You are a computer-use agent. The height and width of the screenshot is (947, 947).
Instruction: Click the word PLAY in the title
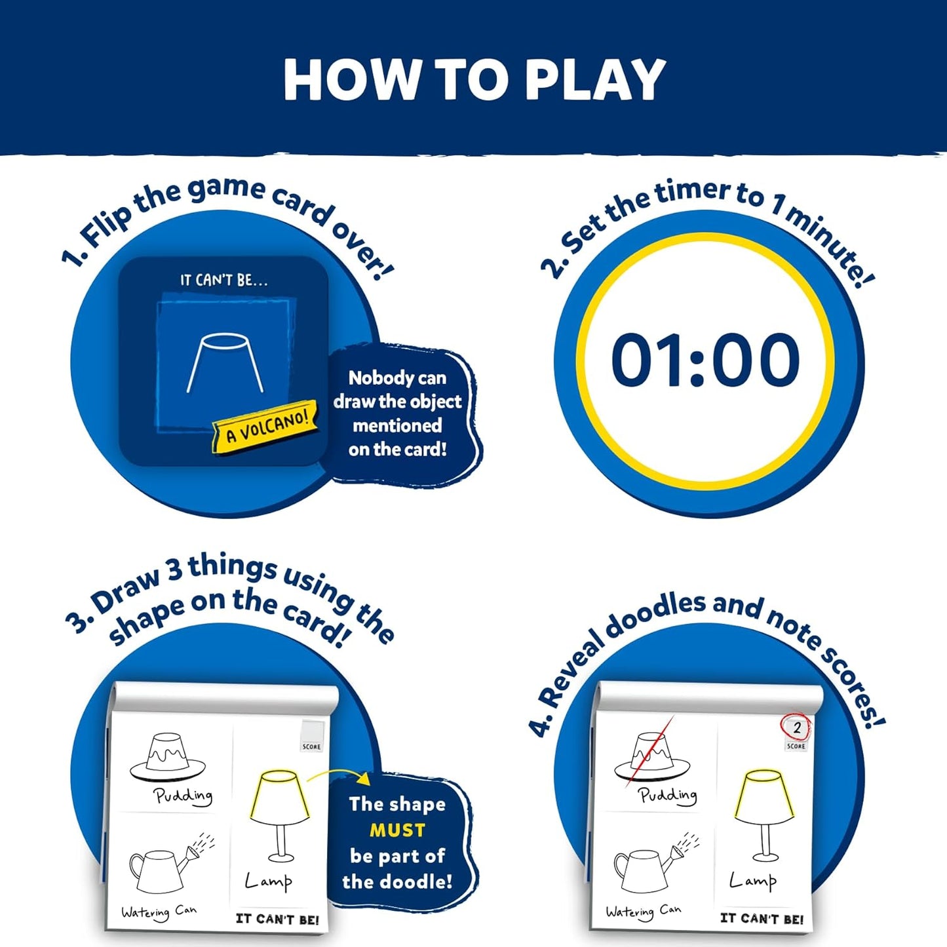point(595,80)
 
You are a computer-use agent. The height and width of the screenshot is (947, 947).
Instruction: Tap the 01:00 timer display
point(705,360)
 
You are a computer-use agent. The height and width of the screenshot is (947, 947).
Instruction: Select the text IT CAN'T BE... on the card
point(223,280)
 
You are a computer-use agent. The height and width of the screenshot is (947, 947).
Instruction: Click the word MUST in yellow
point(397,830)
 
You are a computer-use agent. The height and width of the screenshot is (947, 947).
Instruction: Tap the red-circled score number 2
point(796,727)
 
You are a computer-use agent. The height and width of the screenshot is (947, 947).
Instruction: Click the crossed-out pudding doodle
point(651,758)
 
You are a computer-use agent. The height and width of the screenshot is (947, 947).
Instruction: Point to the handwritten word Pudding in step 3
point(183,796)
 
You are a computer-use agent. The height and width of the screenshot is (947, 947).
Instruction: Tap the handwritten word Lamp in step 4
point(753,881)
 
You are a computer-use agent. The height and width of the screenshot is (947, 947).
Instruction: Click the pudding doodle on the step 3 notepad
point(167,758)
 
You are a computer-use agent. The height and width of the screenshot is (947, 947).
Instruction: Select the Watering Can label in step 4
point(643,911)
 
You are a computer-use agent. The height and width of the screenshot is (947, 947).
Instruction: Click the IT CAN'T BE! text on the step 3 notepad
point(277,919)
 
